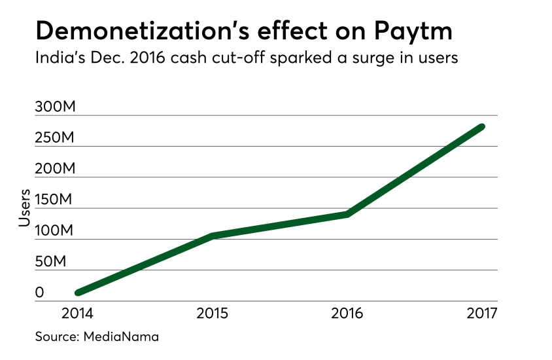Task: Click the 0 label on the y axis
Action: click(x=40, y=293)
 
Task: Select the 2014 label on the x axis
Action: click(x=78, y=314)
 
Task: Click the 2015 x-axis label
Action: click(x=213, y=314)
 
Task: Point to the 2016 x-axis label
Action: click(x=347, y=314)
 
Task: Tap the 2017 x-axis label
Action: click(x=482, y=314)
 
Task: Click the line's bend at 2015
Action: click(x=213, y=235)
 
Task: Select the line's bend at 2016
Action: click(x=347, y=213)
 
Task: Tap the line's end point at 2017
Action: click(x=482, y=126)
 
